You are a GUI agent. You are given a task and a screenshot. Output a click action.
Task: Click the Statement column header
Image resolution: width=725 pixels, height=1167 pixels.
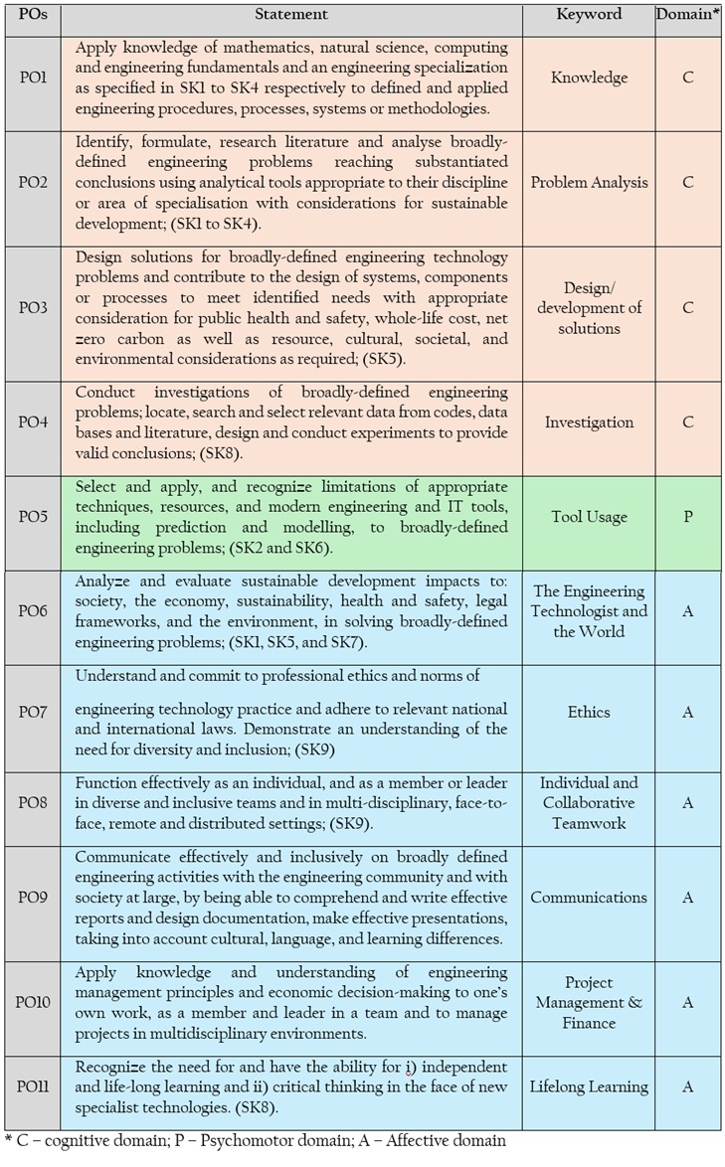click(291, 14)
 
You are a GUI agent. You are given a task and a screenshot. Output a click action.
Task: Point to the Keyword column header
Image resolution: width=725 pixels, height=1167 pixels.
click(589, 14)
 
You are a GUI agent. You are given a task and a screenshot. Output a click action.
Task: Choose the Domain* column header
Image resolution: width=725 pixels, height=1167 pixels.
click(688, 14)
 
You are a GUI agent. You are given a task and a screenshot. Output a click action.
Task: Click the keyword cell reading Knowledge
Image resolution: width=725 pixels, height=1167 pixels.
click(589, 78)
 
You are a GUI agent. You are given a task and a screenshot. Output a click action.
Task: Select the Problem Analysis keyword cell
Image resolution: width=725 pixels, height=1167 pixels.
click(589, 183)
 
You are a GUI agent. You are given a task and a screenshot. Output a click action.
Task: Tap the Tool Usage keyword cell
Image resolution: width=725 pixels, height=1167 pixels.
click(589, 518)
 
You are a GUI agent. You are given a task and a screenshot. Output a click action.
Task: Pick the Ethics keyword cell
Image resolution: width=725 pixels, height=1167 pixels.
click(589, 712)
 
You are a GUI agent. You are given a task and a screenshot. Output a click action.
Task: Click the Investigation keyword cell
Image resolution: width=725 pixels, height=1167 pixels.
click(589, 422)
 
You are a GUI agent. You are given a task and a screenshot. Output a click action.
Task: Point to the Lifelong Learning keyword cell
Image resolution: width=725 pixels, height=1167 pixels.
click(589, 1087)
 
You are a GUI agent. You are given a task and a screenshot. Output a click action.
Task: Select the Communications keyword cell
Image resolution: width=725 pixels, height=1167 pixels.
click(589, 898)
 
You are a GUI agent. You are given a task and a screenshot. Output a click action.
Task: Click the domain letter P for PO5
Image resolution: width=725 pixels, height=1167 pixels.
click(688, 518)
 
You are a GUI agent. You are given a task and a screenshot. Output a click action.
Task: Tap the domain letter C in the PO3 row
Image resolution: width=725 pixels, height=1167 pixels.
click(688, 308)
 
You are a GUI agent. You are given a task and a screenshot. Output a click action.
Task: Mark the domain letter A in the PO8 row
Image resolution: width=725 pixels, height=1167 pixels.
click(688, 802)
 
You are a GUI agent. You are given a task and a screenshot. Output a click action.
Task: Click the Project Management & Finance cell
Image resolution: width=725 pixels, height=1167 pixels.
click(589, 1003)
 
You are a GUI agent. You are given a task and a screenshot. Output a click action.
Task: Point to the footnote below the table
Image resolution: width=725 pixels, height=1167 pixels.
click(255, 1140)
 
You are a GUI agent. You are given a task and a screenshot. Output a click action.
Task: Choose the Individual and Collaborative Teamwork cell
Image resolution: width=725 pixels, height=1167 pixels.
click(589, 802)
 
